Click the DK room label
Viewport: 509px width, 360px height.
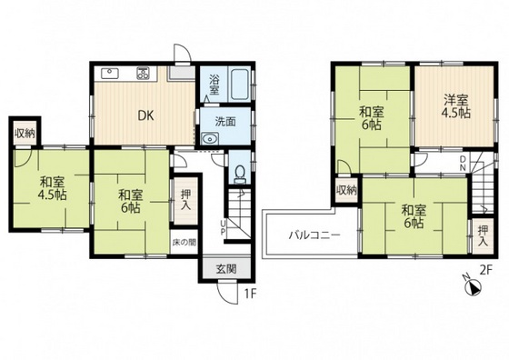(x=145, y=115)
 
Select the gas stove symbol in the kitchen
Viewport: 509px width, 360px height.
(x=143, y=73)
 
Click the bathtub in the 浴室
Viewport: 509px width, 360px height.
(x=239, y=84)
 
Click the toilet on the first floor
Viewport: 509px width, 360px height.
(x=240, y=175)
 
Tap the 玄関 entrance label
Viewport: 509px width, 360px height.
(x=226, y=269)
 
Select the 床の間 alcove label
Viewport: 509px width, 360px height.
(x=184, y=242)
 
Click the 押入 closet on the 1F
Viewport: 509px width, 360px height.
(x=185, y=200)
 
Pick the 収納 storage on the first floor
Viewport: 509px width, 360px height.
(x=25, y=133)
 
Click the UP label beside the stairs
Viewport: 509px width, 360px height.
(x=223, y=227)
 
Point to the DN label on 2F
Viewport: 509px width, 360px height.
(x=463, y=164)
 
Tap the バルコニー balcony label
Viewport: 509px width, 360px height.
(x=314, y=235)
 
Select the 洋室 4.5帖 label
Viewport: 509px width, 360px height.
(x=455, y=106)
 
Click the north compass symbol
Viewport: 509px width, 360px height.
(x=474, y=288)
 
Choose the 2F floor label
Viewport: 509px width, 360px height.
(x=486, y=270)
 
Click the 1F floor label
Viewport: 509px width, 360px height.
(x=250, y=295)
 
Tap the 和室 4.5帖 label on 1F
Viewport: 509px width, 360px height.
(x=53, y=188)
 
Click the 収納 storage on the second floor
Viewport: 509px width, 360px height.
(x=346, y=190)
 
